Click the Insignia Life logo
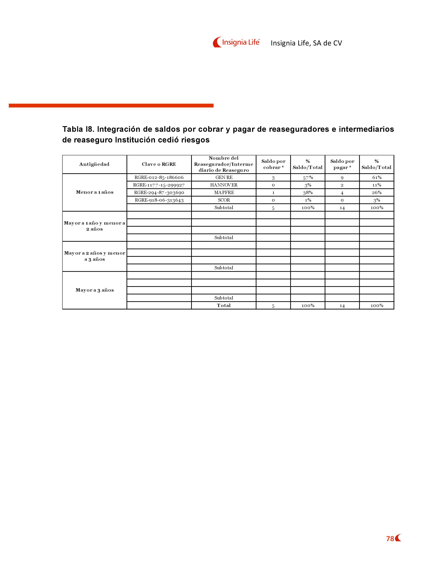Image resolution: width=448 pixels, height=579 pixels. pyautogui.click(x=236, y=42)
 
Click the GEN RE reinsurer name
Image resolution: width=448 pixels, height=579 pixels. pyautogui.click(x=224, y=177)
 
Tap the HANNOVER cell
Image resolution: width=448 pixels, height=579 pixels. pyautogui.click(x=224, y=185)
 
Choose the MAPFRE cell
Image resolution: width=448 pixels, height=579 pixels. pyautogui.click(x=224, y=192)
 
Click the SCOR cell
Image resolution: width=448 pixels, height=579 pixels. pyautogui.click(x=224, y=200)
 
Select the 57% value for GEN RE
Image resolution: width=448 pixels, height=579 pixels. pyautogui.click(x=308, y=178)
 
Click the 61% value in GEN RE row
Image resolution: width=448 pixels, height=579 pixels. pyautogui.click(x=377, y=177)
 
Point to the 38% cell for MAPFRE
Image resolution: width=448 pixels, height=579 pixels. pyautogui.click(x=308, y=193)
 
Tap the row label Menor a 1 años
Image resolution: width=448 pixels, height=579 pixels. pyautogui.click(x=95, y=192)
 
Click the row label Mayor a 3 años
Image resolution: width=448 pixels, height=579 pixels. pyautogui.click(x=95, y=290)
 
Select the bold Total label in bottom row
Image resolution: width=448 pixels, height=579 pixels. pyautogui.click(x=224, y=305)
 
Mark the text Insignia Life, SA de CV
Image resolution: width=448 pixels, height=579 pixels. pyautogui.click(x=306, y=43)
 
